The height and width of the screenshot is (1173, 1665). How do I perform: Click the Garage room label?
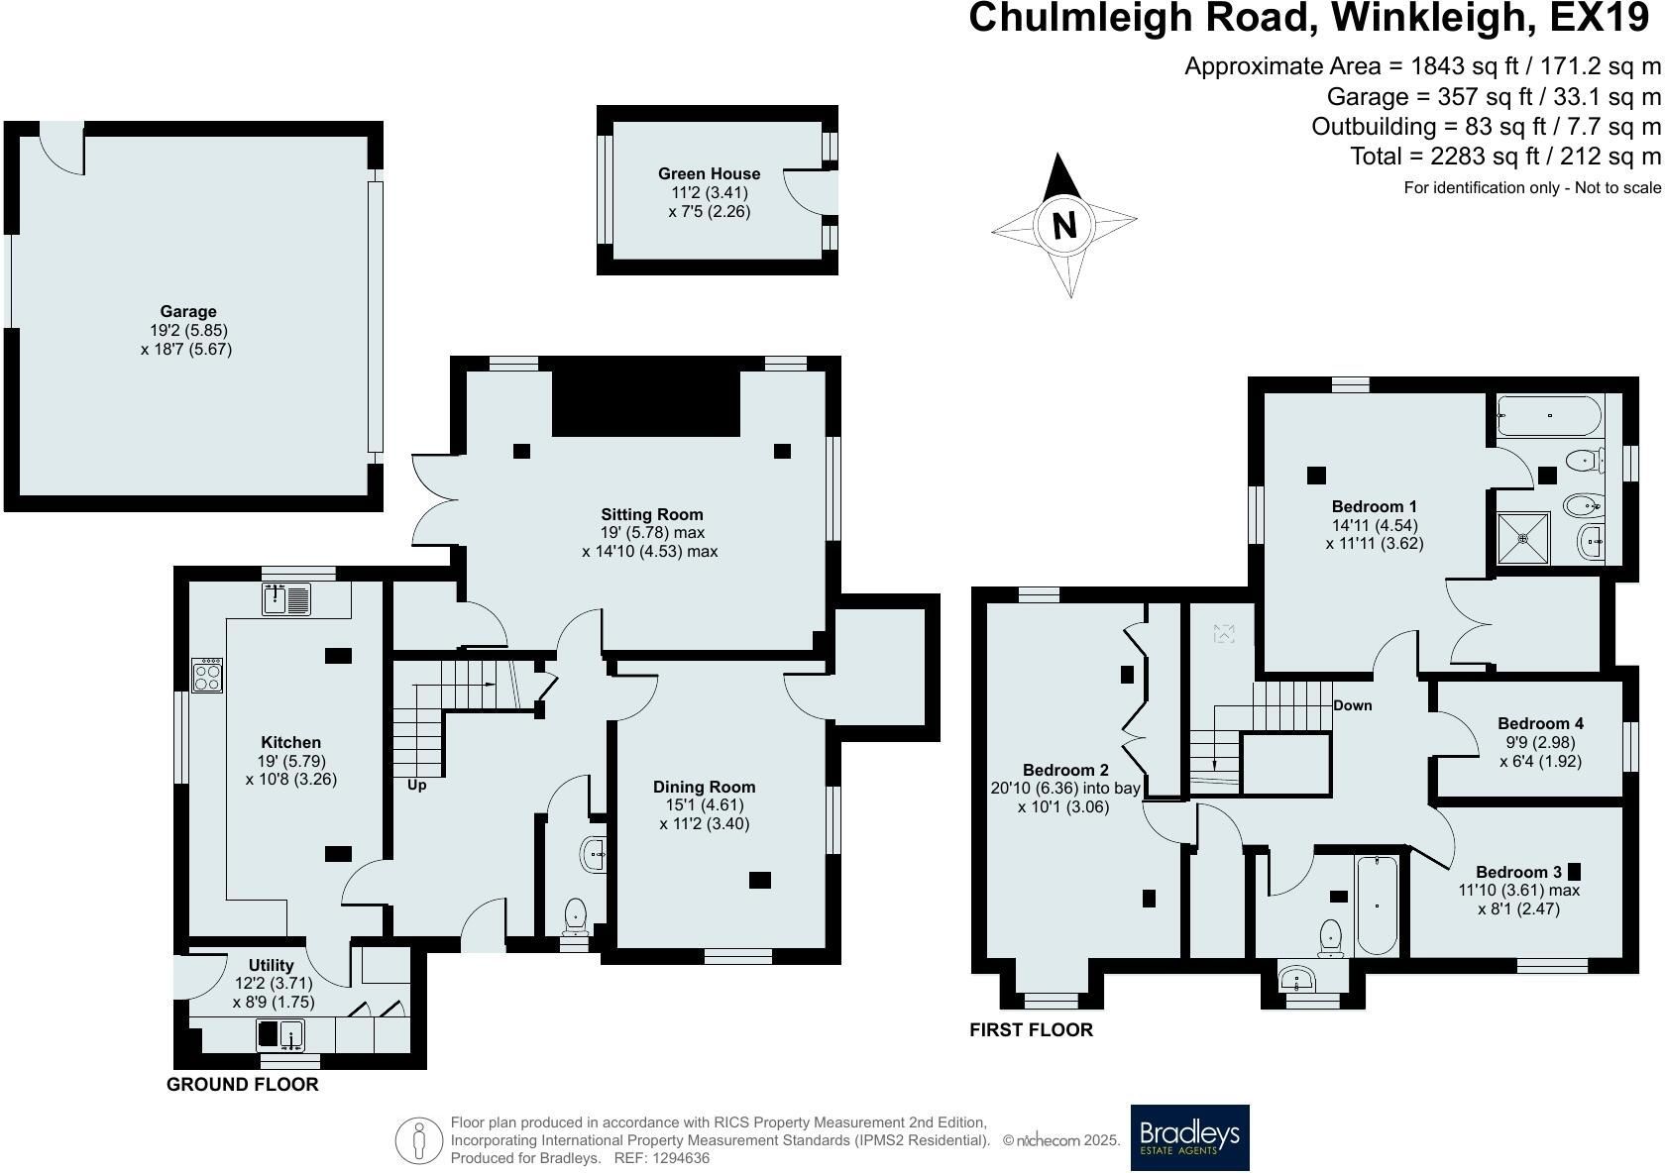(188, 312)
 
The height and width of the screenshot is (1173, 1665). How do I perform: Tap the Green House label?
(710, 173)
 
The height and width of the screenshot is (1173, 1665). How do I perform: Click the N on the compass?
(1064, 224)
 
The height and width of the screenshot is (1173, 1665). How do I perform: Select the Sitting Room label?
(652, 514)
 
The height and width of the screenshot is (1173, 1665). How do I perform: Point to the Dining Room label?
(704, 787)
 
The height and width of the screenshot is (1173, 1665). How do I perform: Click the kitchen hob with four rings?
(206, 676)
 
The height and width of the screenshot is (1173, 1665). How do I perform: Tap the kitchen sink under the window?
(286, 598)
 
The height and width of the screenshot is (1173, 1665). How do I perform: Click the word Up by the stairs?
(416, 786)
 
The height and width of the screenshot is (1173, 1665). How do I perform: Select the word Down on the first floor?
(1352, 705)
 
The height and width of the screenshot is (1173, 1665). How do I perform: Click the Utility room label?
(271, 965)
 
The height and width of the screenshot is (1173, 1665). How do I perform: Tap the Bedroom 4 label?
(1540, 723)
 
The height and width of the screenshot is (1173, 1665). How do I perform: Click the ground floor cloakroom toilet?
(575, 917)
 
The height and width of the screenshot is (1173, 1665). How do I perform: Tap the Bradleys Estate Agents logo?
(1189, 1137)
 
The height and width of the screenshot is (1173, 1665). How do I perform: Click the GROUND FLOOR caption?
(242, 1085)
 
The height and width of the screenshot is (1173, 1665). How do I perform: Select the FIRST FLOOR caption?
(1031, 1029)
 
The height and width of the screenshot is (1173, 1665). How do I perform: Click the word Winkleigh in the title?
(1432, 18)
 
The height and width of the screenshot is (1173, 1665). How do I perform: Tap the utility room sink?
(281, 1035)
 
